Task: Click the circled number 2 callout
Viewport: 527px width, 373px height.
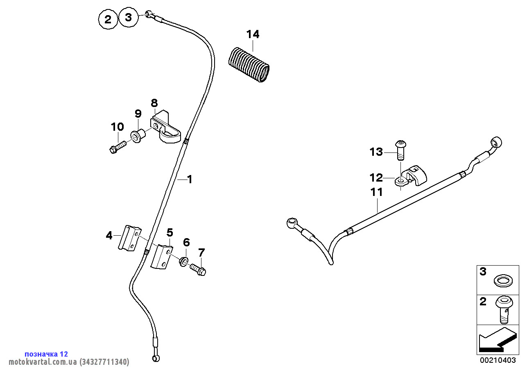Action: coord(108,19)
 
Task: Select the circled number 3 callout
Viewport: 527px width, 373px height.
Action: coord(129,18)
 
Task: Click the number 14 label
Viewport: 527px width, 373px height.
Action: coord(253,34)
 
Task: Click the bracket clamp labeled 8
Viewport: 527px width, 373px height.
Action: coord(166,127)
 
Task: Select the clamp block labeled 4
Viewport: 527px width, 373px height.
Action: coord(129,238)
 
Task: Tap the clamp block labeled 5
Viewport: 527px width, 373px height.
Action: coord(162,257)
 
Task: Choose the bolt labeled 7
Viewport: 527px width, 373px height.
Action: coord(199,269)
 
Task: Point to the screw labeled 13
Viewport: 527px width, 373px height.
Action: coord(400,151)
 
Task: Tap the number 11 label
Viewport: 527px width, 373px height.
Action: coord(376,192)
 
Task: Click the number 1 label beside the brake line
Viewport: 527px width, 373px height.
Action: coord(189,179)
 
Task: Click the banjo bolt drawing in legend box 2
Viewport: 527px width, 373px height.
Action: coord(503,309)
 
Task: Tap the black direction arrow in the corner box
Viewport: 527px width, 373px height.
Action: coord(495,340)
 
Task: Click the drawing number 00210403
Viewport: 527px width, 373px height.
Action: coord(498,361)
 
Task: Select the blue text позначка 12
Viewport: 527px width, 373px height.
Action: coord(46,354)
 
